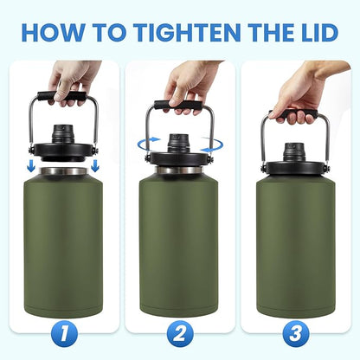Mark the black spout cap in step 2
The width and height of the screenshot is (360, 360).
pyautogui.click(x=180, y=142)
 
